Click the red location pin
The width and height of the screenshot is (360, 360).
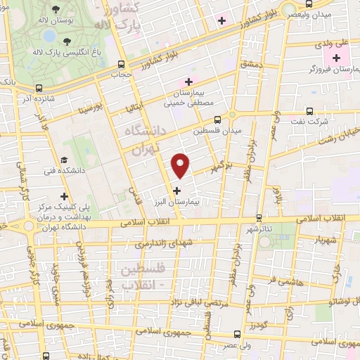coord(181,165)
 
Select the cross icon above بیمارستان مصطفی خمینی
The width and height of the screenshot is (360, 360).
coord(188,82)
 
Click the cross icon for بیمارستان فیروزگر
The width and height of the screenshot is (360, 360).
coord(337,58)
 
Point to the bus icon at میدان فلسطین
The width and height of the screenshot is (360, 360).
coord(217,119)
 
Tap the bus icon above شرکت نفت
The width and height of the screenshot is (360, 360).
coord(310,111)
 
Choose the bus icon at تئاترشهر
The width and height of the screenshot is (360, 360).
coord(259,219)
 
